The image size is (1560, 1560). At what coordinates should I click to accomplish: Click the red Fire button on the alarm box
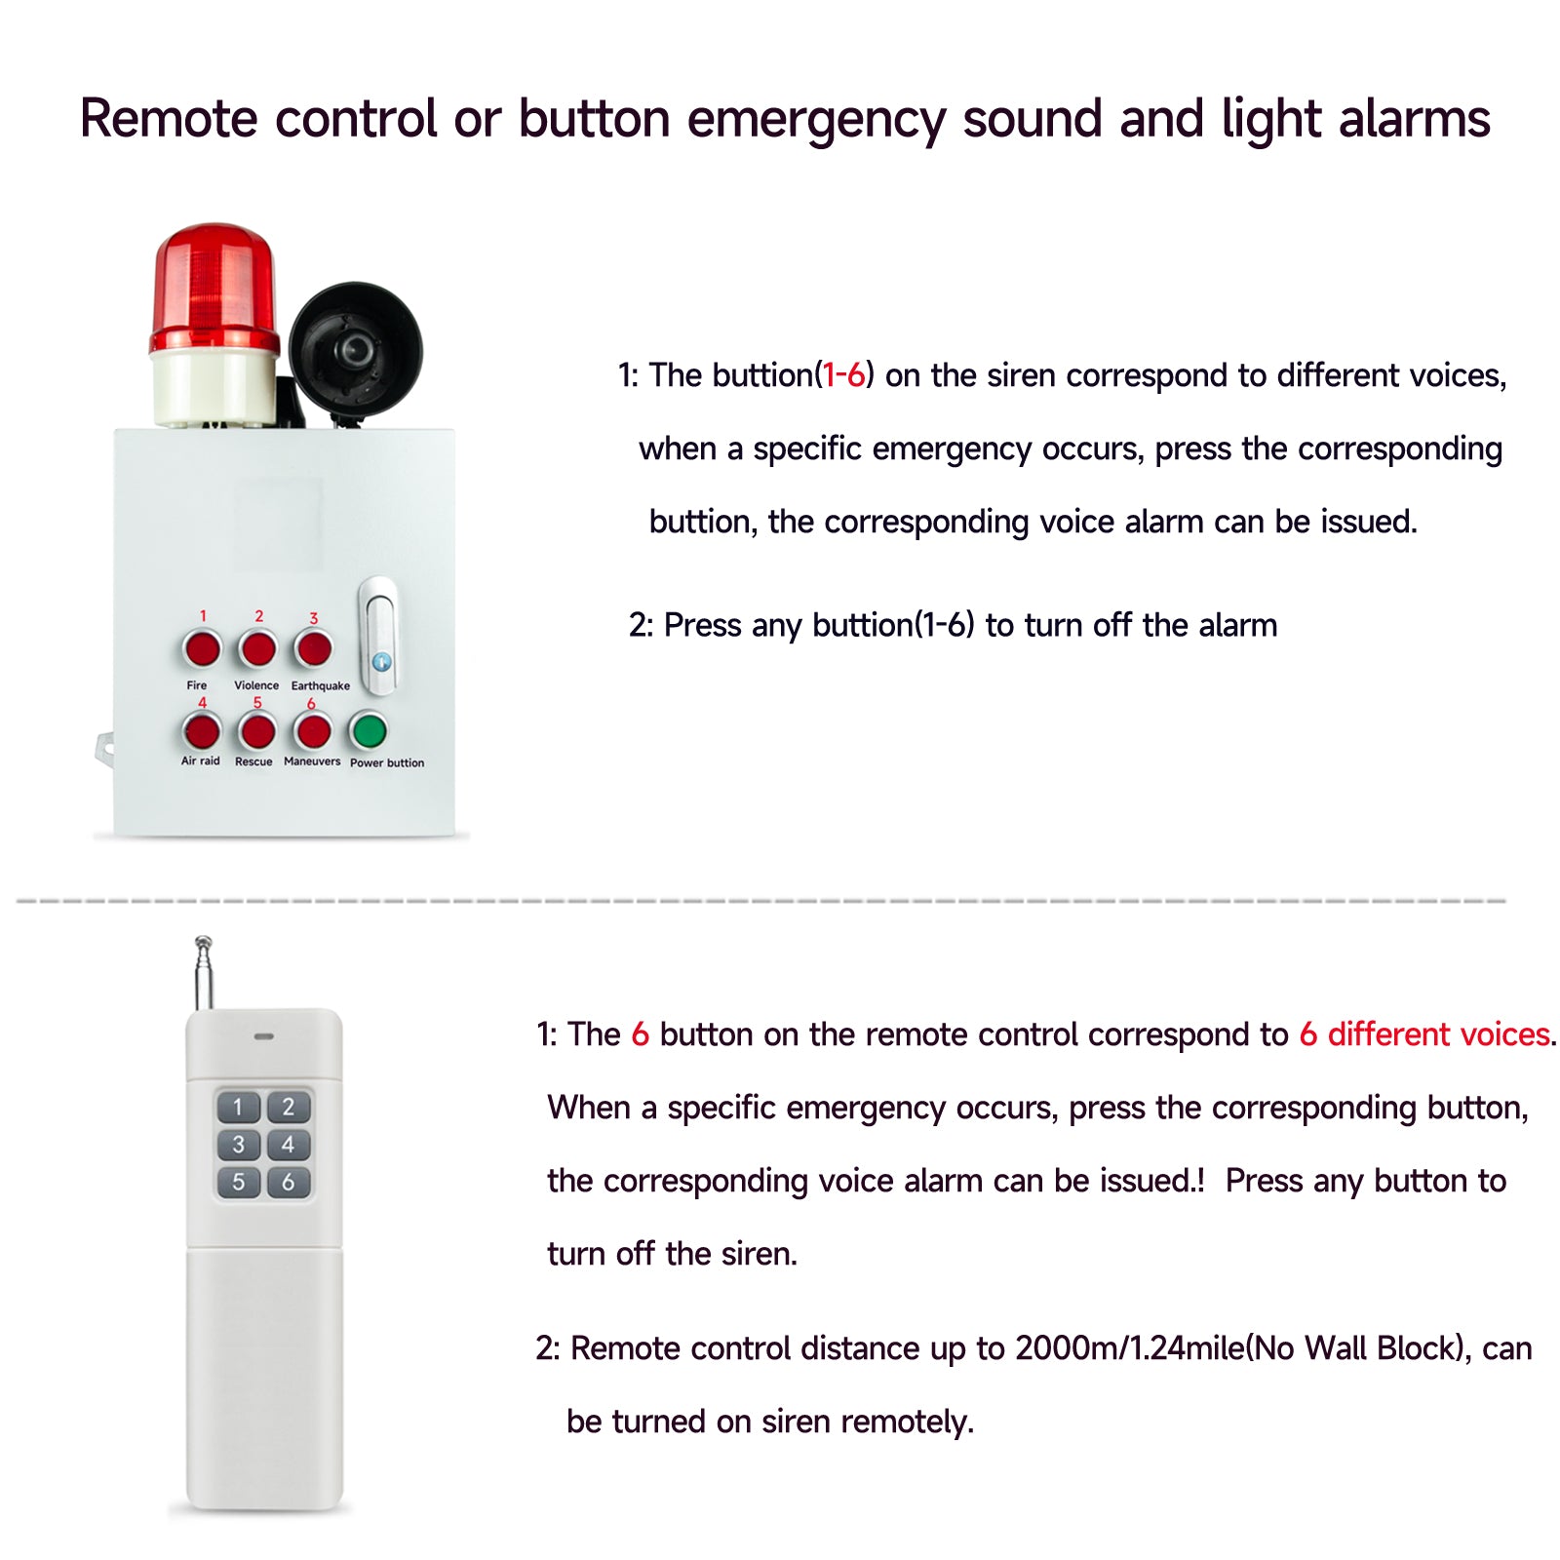coord(202,648)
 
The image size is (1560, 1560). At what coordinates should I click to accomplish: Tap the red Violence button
coord(257,648)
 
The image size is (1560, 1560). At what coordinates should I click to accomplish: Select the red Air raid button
coord(202,731)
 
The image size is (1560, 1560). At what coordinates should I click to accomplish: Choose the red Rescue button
coord(257,731)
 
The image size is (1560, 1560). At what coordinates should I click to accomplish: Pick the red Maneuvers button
coord(313,731)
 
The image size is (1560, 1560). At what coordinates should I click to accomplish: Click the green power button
coord(369,730)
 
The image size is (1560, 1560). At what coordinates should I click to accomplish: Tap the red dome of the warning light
coord(214,288)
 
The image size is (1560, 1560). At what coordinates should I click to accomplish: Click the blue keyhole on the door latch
coord(381,662)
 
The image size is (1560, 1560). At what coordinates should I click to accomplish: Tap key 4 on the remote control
coord(289,1145)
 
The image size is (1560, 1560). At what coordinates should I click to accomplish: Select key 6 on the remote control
coord(289,1182)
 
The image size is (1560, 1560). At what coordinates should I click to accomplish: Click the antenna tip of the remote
coord(203,942)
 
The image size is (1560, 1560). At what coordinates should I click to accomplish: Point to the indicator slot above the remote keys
coord(263,1036)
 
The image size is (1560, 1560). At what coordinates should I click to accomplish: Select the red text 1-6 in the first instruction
coord(843,375)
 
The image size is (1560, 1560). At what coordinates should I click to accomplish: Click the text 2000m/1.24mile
coord(1130,1348)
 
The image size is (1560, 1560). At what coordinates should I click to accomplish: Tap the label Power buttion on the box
coord(387,763)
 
